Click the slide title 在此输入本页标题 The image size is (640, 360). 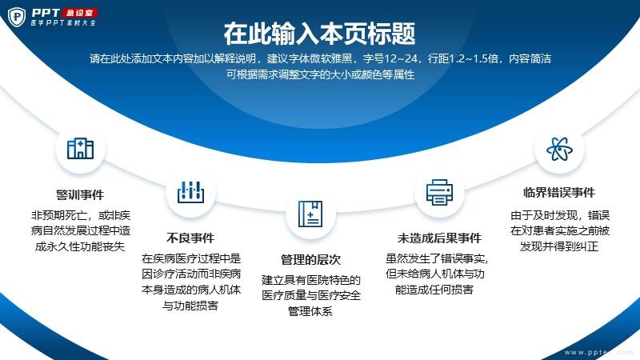click(x=319, y=34)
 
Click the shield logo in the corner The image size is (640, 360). click(x=17, y=17)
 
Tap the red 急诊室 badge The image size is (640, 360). click(x=79, y=13)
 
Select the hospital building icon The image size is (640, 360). click(x=81, y=149)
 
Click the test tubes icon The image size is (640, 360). click(x=190, y=192)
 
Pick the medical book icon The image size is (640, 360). click(x=310, y=214)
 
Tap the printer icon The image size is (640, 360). click(x=439, y=192)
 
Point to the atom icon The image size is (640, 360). click(x=559, y=149)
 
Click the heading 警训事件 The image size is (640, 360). click(x=80, y=194)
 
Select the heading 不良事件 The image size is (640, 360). click(x=190, y=238)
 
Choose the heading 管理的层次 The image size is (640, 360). click(x=310, y=259)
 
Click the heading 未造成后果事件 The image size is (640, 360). click(x=439, y=238)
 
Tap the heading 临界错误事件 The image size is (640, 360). click(x=559, y=192)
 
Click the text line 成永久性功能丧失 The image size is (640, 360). click(x=80, y=246)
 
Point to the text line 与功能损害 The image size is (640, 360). click(x=190, y=306)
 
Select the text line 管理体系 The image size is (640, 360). click(x=310, y=311)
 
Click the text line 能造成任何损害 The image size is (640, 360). click(x=434, y=290)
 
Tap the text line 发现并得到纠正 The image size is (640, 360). click(x=559, y=246)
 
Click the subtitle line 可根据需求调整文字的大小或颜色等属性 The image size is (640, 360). click(x=321, y=74)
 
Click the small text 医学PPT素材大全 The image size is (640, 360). click(x=63, y=23)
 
